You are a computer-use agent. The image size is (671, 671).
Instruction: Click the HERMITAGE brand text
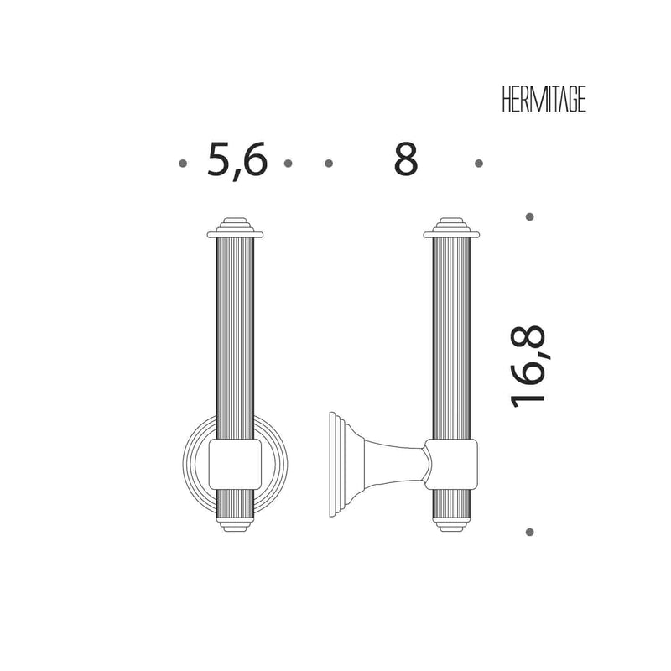544,99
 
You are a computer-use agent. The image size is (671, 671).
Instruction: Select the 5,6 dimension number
237,160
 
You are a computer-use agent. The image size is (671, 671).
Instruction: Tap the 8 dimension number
405,159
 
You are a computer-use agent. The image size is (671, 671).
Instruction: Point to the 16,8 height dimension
528,367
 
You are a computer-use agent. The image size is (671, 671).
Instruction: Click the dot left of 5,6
183,163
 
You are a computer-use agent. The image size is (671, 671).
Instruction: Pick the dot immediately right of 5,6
288,163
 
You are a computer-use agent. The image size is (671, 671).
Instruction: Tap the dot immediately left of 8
329,163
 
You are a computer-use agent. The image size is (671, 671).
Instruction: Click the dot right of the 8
479,163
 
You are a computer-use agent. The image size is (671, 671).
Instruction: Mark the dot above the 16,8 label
530,216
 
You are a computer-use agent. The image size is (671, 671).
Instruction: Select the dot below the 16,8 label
530,533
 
